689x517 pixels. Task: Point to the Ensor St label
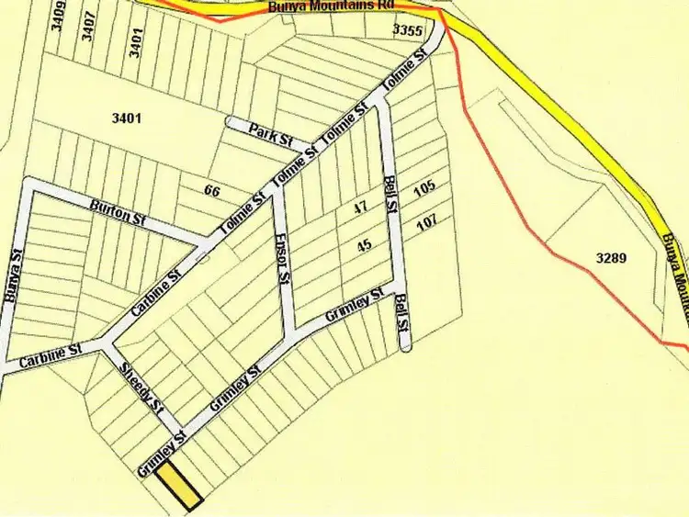point(283,264)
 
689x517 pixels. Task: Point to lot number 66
point(212,191)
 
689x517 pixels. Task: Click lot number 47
point(361,208)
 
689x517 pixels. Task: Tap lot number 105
point(424,189)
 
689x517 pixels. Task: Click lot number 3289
point(610,258)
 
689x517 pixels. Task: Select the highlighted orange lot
point(179,487)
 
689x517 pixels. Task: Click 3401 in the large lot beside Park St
point(129,118)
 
